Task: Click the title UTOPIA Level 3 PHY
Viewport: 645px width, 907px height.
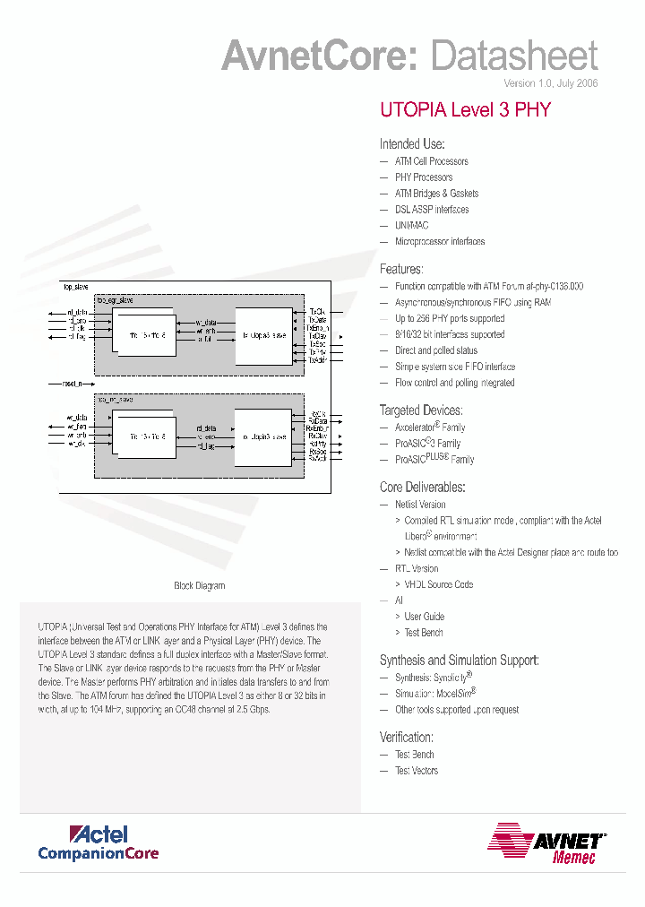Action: tap(465, 110)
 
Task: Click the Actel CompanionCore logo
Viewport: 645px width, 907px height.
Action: tap(99, 842)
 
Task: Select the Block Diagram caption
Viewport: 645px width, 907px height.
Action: tap(199, 586)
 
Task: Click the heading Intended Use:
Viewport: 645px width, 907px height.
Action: tap(412, 144)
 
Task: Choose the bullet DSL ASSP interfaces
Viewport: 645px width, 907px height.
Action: tap(432, 210)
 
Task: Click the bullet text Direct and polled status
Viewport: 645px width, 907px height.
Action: tap(436, 350)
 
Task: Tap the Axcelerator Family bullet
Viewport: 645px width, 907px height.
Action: tap(430, 428)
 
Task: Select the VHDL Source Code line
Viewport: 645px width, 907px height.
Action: tap(439, 584)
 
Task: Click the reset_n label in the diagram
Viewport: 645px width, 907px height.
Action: tap(72, 383)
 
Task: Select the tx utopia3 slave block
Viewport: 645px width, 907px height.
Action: tap(264, 334)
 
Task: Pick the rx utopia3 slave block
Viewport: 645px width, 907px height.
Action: tap(264, 436)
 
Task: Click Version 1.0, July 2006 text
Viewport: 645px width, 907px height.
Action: tap(550, 83)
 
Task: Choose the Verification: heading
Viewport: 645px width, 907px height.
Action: tap(407, 737)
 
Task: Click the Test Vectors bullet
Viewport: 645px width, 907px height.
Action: tap(417, 771)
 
